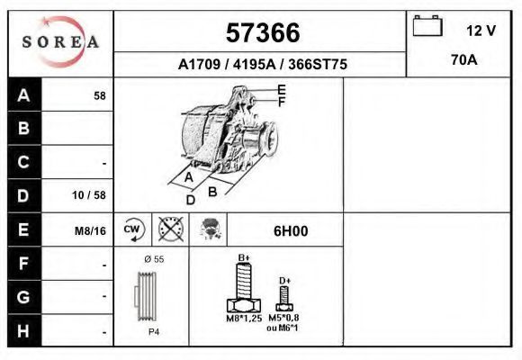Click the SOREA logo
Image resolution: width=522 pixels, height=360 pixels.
point(60,41)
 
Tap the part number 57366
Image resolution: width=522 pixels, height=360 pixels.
point(263,32)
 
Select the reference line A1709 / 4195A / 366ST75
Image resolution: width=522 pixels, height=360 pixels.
point(263,64)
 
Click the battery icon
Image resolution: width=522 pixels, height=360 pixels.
point(427,25)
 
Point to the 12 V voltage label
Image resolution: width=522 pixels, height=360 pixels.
point(481,31)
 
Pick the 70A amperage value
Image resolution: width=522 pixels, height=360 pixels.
point(464,60)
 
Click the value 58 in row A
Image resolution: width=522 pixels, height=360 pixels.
point(100,96)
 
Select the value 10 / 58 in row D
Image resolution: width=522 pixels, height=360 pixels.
point(89,194)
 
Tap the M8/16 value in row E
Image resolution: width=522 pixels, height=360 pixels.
point(90,230)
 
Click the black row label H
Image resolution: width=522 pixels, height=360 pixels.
point(24,331)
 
